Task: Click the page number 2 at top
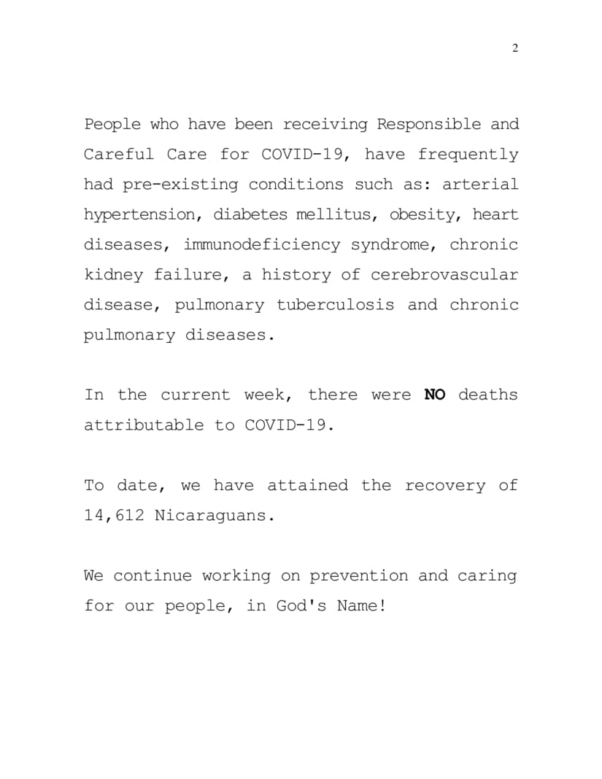click(515, 49)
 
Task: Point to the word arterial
click(480, 185)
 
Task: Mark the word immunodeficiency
click(261, 245)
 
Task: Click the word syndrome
click(393, 245)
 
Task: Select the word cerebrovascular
click(444, 275)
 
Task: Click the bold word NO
click(435, 395)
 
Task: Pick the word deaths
click(488, 395)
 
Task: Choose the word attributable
click(143, 425)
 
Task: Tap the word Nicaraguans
click(215, 516)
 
